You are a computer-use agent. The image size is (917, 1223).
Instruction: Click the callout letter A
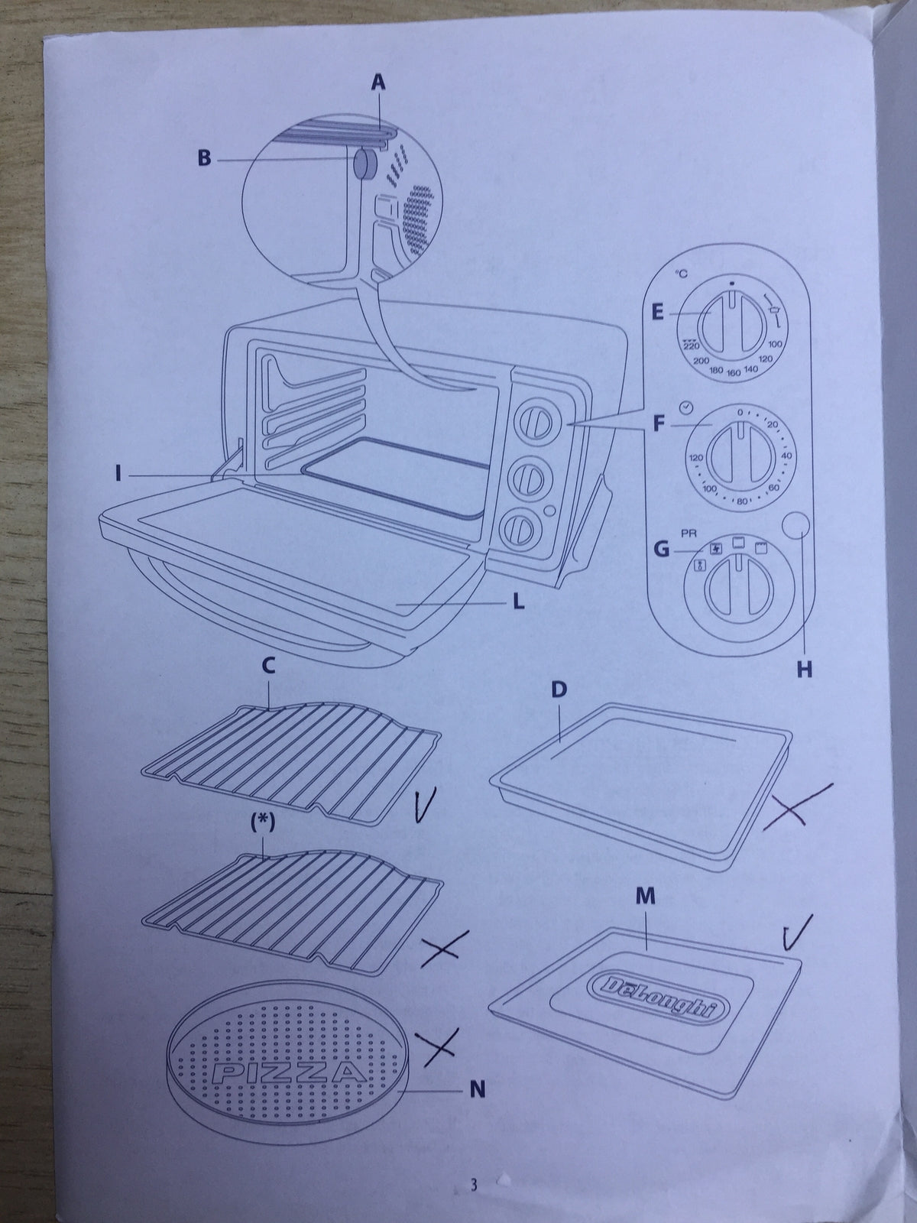pos(377,83)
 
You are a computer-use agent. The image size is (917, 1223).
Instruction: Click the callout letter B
pos(204,159)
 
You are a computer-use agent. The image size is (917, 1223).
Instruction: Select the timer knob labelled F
pos(739,453)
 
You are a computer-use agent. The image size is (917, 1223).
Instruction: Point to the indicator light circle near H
pos(798,527)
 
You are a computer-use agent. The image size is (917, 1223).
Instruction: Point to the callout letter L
pos(520,603)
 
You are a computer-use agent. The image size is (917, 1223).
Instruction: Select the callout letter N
pos(478,1091)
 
